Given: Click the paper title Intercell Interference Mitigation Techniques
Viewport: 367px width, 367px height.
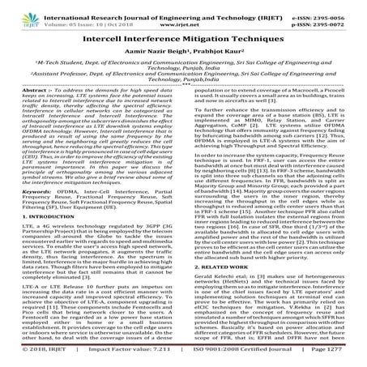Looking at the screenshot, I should click(183, 36).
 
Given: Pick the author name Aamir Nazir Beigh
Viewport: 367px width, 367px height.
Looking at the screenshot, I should click(159, 51).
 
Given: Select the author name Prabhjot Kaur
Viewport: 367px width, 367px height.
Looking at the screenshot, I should click(215, 51).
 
